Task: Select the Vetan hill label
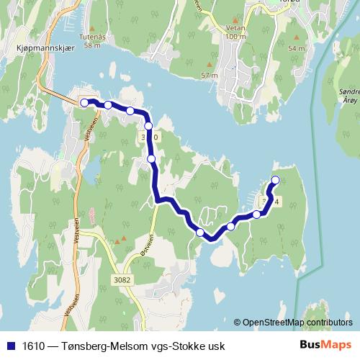[x=235, y=27]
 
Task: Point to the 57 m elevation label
[x=210, y=76]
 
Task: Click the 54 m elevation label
[x=296, y=48]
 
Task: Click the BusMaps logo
[x=330, y=345]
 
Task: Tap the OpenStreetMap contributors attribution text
[x=298, y=323]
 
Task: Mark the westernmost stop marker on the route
[x=84, y=102]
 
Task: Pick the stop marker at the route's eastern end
[x=275, y=179]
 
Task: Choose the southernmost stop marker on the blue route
[x=200, y=232]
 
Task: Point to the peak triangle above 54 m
[x=294, y=37]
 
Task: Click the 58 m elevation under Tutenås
[x=91, y=45]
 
